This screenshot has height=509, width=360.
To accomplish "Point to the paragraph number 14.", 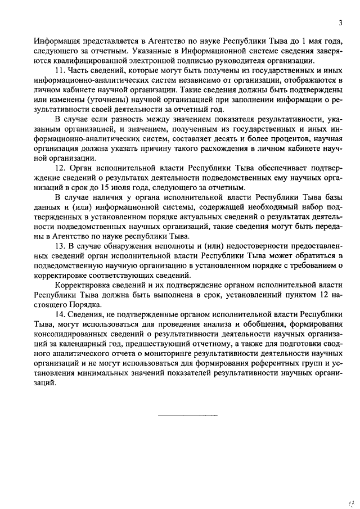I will tap(60, 314).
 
